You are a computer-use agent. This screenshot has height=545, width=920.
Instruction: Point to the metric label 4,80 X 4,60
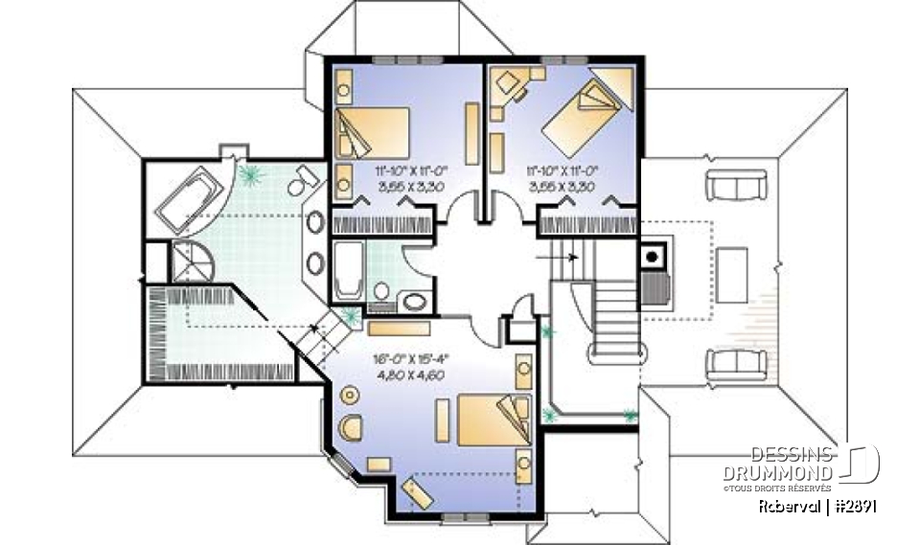[412, 376]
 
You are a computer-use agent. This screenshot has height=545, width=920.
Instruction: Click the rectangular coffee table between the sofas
[733, 274]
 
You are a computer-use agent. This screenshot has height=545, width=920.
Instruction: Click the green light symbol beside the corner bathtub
[253, 175]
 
